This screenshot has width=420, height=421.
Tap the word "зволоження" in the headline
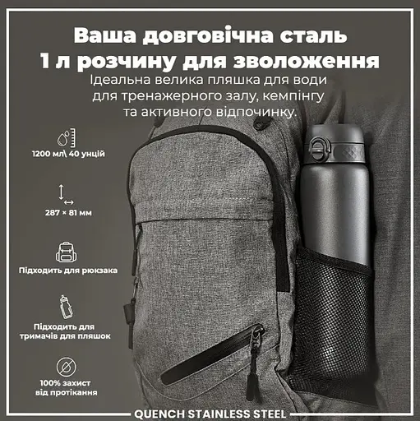click(316, 62)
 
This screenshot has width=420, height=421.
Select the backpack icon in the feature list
click(67, 251)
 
